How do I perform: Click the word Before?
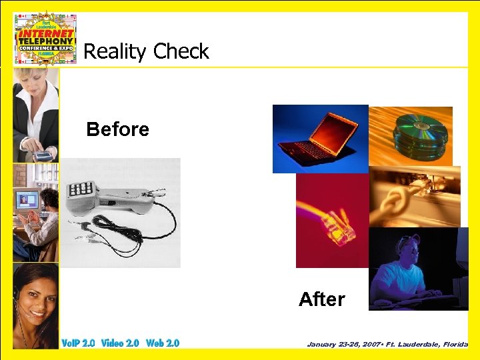(x=118, y=129)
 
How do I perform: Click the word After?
(x=321, y=299)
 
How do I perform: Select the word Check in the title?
(x=181, y=51)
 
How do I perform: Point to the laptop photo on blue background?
(x=320, y=139)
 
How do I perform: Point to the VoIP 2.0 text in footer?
(x=78, y=343)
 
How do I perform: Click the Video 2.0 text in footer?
(x=120, y=343)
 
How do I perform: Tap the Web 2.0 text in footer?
(x=163, y=343)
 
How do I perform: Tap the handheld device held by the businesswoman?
(x=43, y=155)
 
